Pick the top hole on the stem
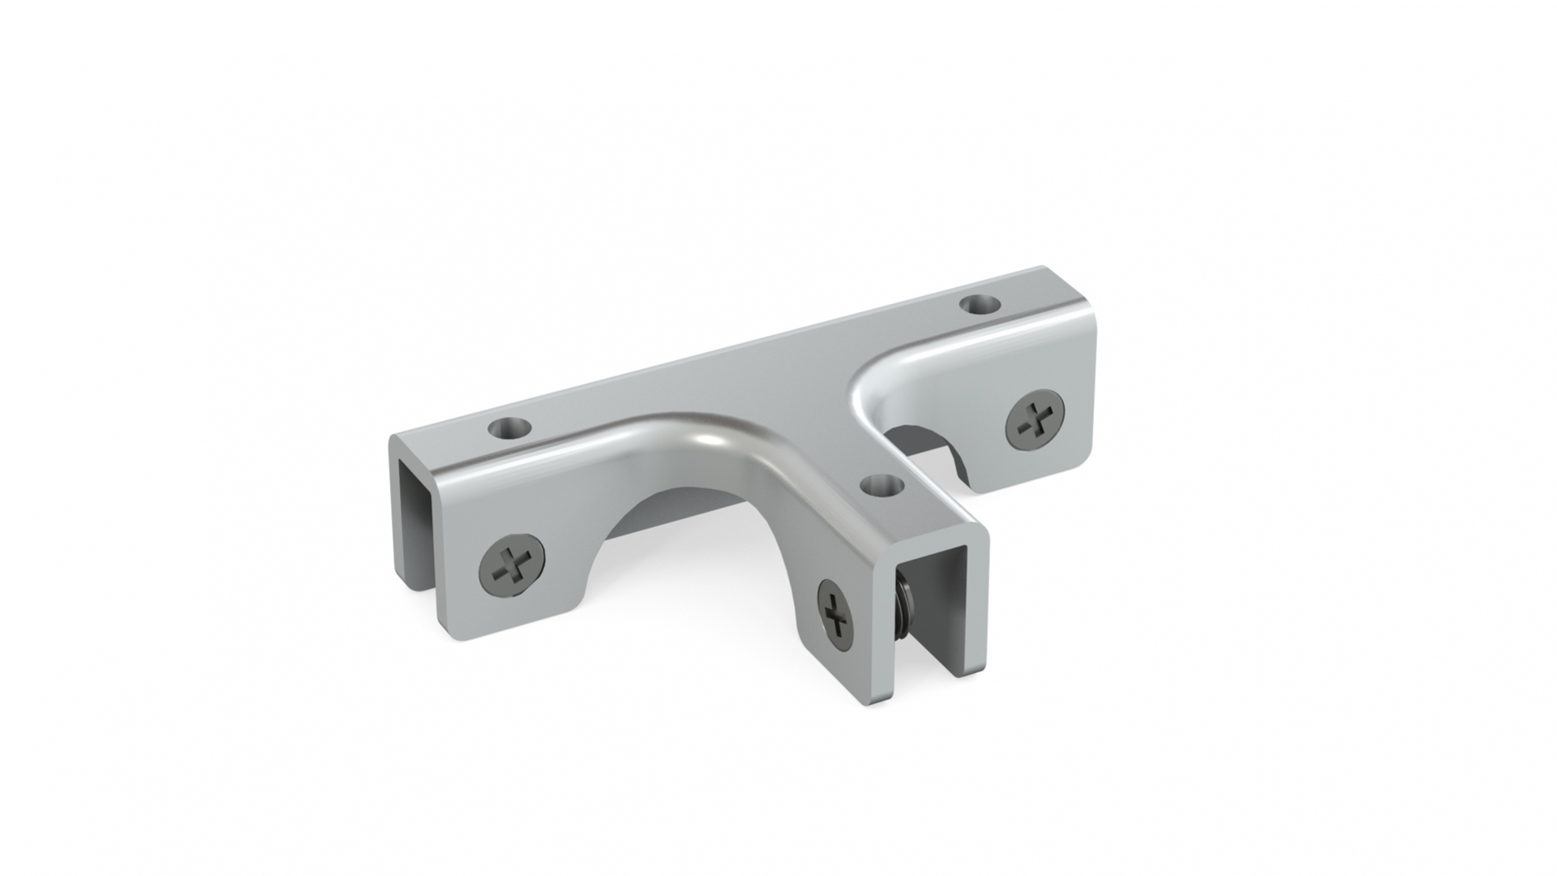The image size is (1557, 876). pos(881,486)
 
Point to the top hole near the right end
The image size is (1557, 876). pos(979,306)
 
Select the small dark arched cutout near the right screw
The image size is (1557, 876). pos(929,450)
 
